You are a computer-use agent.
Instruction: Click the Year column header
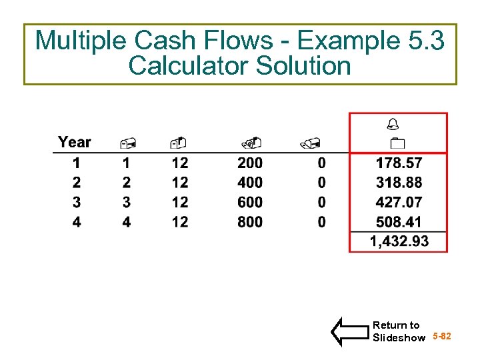(x=74, y=142)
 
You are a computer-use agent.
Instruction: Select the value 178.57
(x=399, y=163)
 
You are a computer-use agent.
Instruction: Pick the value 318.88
(x=399, y=183)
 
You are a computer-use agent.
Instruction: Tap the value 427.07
(x=399, y=202)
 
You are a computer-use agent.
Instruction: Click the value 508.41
(x=399, y=222)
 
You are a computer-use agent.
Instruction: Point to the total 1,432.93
(x=399, y=241)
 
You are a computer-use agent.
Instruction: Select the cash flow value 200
(x=250, y=163)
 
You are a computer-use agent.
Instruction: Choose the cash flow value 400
(x=250, y=183)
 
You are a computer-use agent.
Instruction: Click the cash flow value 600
(x=250, y=202)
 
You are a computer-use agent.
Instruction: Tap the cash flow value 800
(x=250, y=222)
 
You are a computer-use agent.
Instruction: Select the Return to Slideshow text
(x=398, y=331)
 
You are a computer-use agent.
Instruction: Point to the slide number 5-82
(x=441, y=337)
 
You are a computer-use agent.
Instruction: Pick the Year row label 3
(x=77, y=202)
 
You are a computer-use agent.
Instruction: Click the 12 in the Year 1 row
(x=180, y=163)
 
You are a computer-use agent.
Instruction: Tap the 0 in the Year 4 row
(x=322, y=222)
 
